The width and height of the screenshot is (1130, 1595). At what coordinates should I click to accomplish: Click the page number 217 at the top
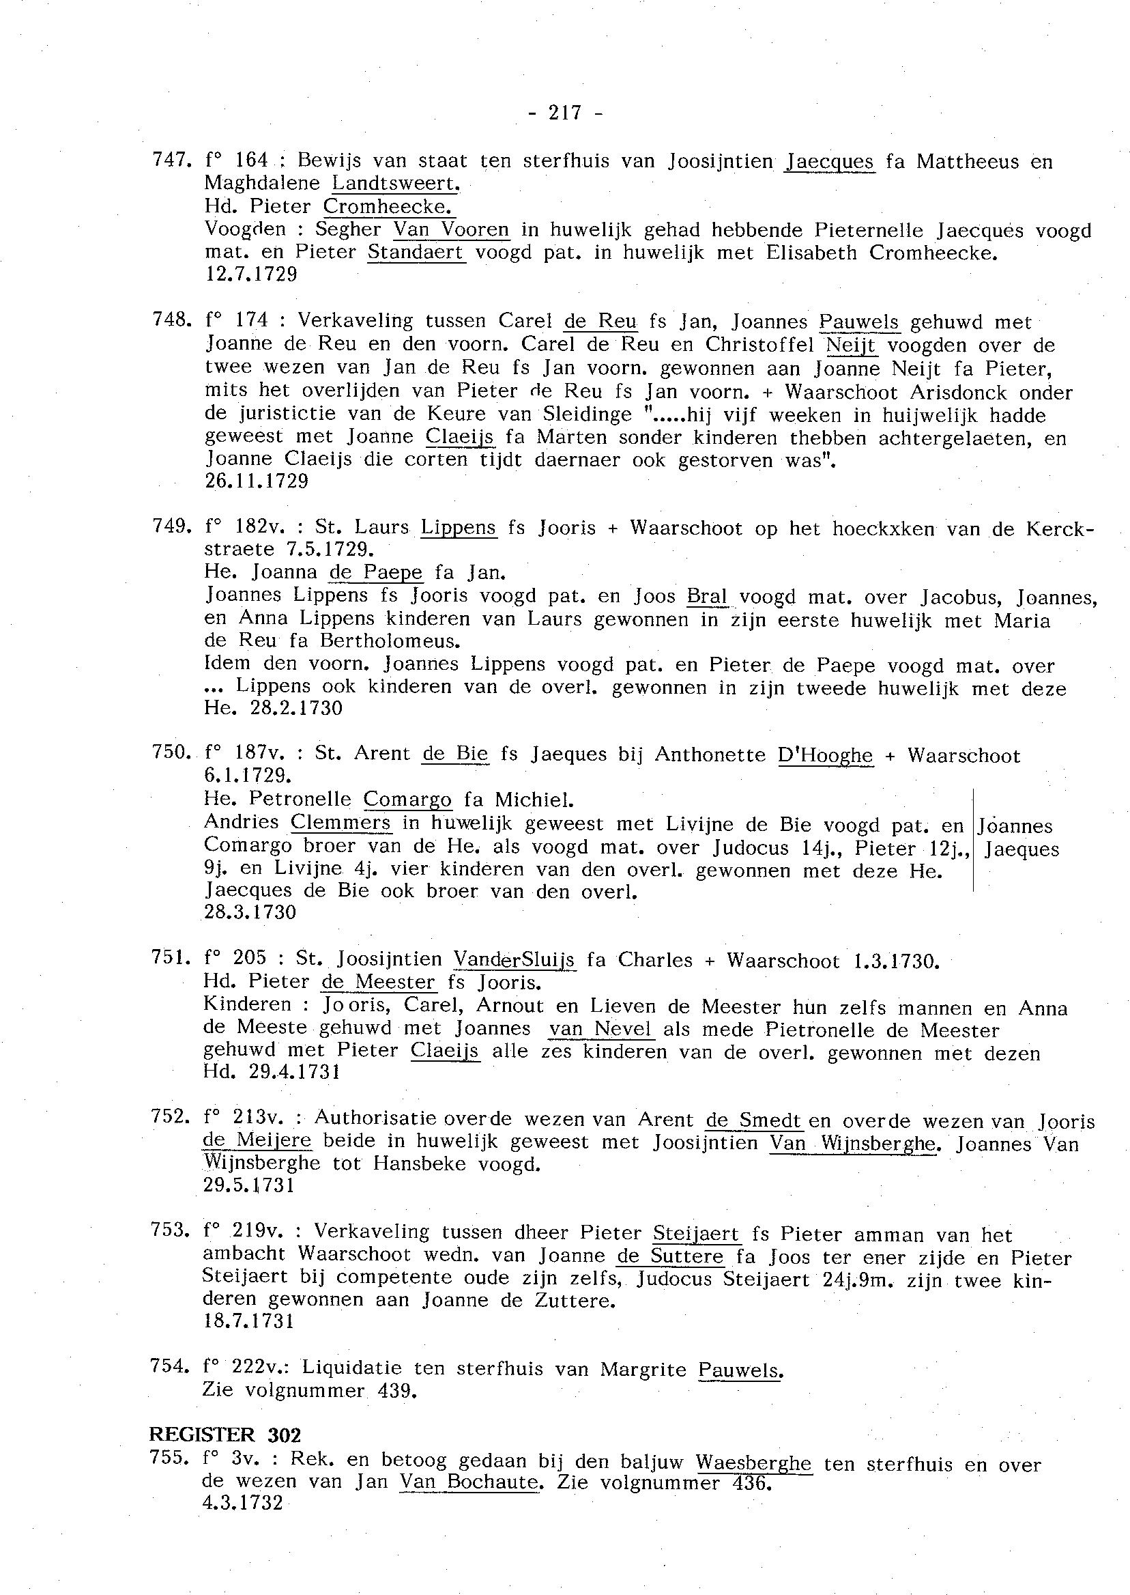click(x=564, y=113)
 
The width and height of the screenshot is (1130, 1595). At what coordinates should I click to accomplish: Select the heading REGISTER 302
click(x=224, y=1435)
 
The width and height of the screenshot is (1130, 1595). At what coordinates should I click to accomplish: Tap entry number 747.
click(x=171, y=161)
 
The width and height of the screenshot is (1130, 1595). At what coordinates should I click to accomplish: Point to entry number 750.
click(x=171, y=753)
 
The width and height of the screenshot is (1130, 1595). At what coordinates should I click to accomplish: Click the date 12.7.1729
click(x=251, y=274)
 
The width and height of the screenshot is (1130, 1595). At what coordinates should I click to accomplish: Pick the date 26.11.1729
click(x=257, y=481)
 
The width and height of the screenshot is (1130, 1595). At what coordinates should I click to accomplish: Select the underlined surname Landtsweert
click(x=396, y=184)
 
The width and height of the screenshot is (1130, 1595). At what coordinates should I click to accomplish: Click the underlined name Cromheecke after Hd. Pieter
click(x=389, y=207)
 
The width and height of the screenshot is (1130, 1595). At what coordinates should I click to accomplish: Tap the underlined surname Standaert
click(x=416, y=252)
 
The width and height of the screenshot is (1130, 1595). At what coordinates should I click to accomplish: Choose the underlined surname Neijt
click(x=851, y=345)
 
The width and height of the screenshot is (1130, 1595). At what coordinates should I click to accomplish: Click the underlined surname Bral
click(x=707, y=597)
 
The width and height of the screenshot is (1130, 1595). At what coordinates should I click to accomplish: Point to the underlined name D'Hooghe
click(x=825, y=755)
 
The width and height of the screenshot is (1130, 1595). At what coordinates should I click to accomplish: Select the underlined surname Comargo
click(x=408, y=800)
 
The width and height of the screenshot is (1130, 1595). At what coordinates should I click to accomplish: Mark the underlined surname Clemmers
click(x=341, y=823)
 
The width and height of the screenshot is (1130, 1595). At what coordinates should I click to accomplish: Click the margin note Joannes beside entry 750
click(x=1015, y=827)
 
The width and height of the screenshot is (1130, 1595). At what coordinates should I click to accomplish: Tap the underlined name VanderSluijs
click(x=515, y=960)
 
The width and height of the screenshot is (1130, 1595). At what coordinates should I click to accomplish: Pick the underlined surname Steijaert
click(x=697, y=1234)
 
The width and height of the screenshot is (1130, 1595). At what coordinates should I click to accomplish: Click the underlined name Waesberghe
click(x=753, y=1463)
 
